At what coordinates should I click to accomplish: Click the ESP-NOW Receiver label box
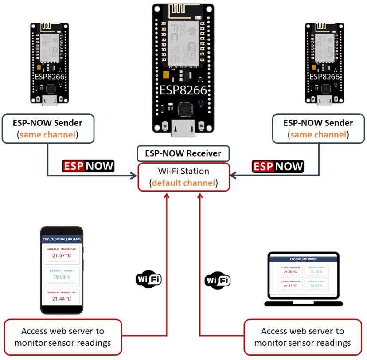point(183,154)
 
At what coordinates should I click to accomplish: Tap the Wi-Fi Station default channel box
point(183,177)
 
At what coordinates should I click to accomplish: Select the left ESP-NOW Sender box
point(48,129)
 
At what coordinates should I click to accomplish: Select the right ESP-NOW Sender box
point(318,129)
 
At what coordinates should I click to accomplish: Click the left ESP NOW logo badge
point(88,166)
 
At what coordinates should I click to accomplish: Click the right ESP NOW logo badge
point(278,166)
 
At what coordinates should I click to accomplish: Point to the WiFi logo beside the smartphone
point(148,279)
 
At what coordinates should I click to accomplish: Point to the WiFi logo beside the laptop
point(217,280)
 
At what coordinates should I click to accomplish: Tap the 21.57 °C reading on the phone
point(62,256)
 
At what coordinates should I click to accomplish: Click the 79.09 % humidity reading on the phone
point(62,277)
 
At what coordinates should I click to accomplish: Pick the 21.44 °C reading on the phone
point(62,299)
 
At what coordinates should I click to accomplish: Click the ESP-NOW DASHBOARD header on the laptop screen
point(303,259)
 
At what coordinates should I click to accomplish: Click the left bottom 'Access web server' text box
point(62,337)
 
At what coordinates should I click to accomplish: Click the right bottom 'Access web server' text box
point(302,337)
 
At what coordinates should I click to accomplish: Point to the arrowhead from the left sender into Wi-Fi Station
point(134,176)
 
